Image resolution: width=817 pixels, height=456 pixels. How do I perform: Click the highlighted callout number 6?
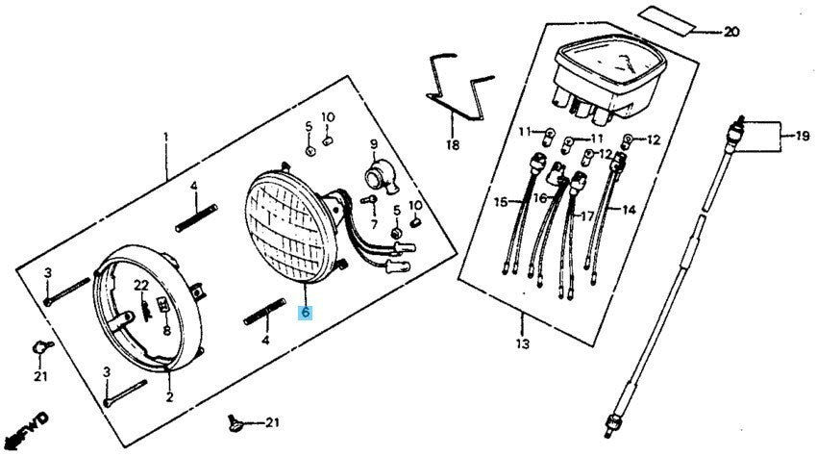[305, 313]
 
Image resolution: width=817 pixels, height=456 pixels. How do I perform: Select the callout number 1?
[165, 138]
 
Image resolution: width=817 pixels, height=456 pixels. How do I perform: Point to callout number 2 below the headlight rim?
[169, 396]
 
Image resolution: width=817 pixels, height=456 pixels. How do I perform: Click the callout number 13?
[522, 344]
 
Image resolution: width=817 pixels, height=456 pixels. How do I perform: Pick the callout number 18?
[452, 146]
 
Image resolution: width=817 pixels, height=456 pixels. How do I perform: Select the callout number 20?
[730, 32]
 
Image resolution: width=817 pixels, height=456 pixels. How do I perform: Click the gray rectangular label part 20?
[667, 18]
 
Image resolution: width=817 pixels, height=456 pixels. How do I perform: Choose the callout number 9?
[374, 145]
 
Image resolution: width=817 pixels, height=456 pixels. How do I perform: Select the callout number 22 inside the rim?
[140, 286]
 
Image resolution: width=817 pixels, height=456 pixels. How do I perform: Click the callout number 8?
[166, 330]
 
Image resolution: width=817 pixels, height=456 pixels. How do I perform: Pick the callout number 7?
[374, 223]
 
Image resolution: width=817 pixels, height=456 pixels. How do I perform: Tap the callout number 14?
[629, 209]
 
